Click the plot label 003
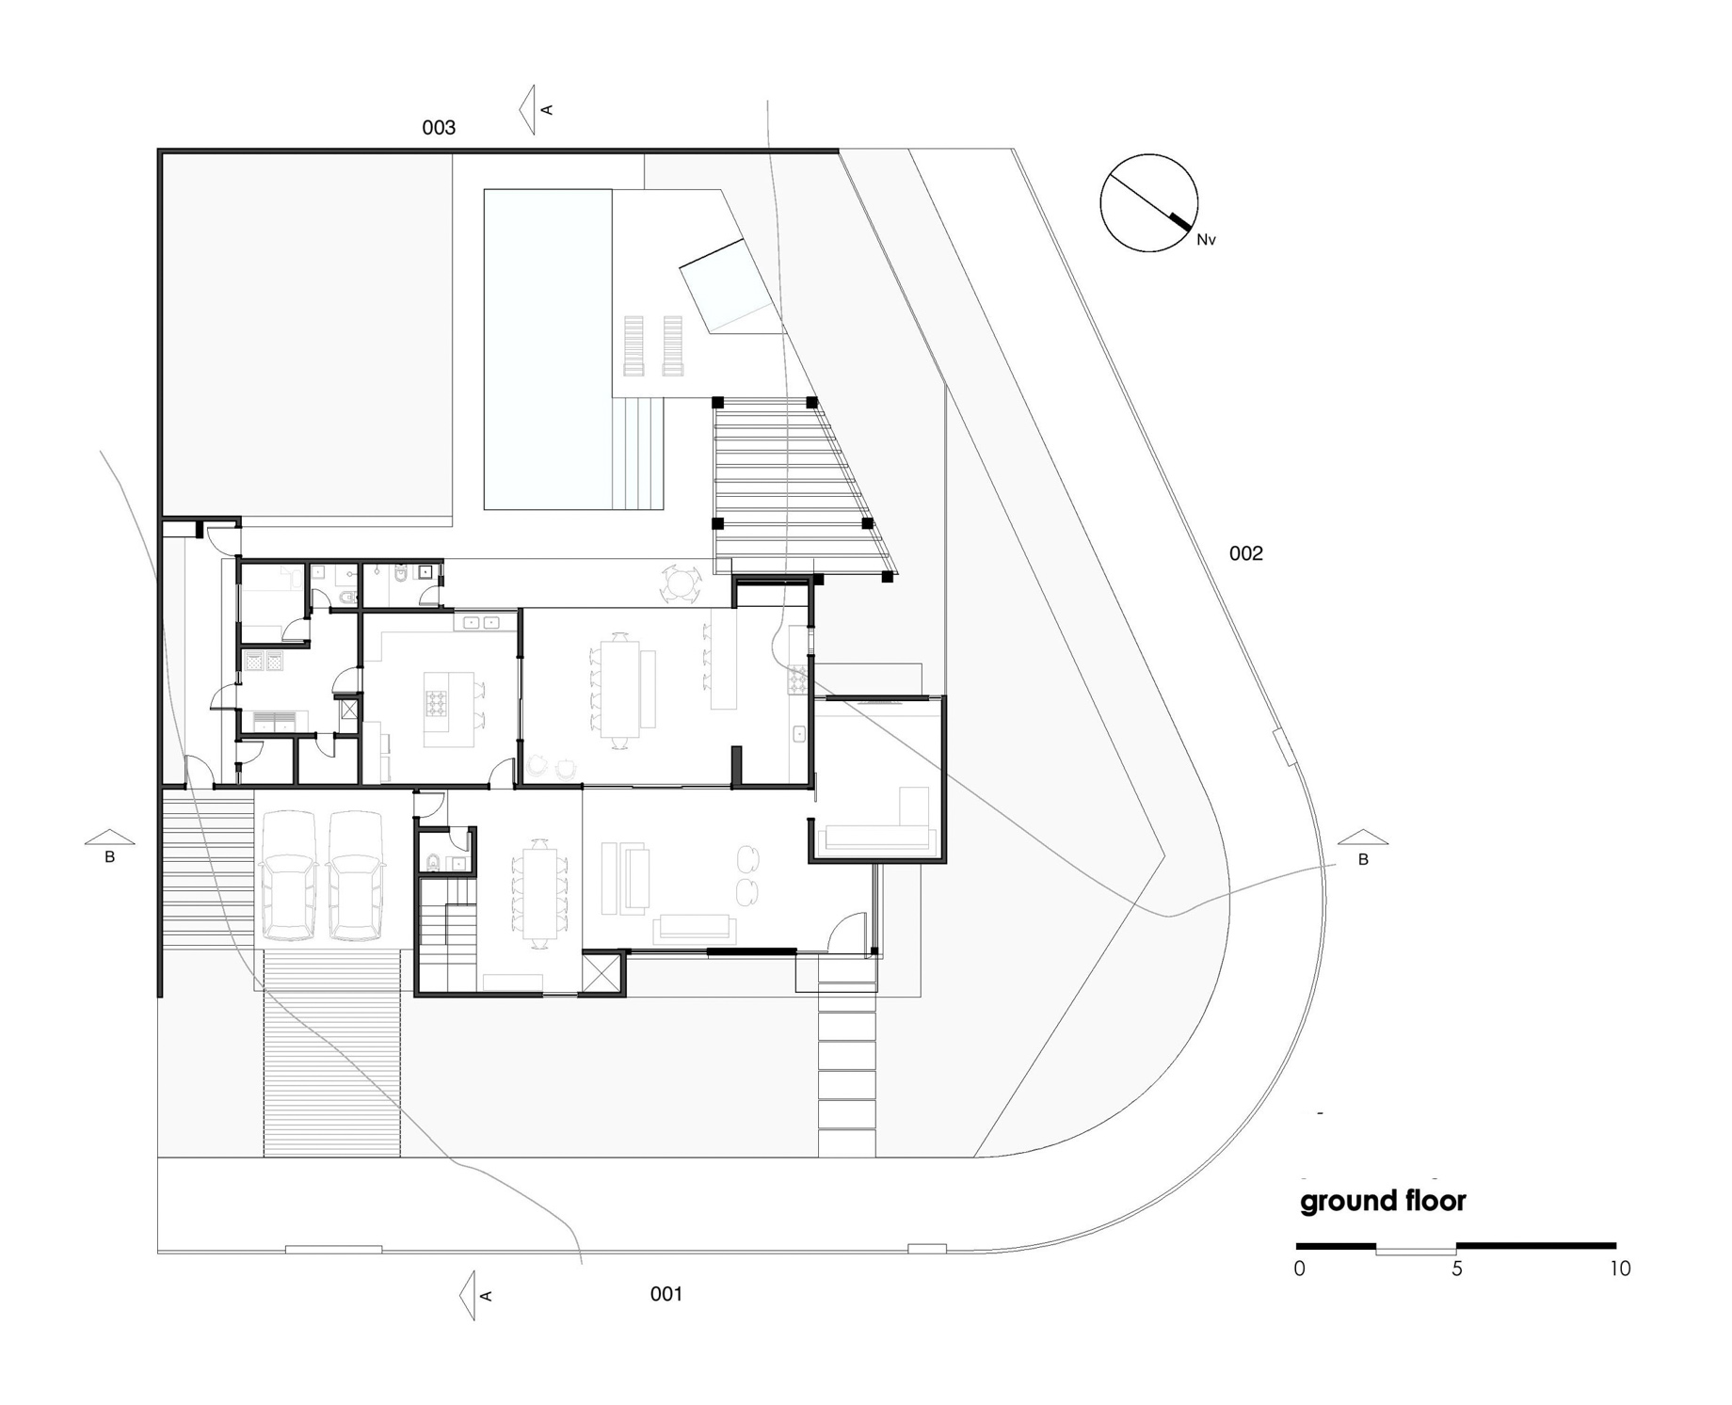pyautogui.click(x=439, y=128)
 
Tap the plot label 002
pyautogui.click(x=1245, y=553)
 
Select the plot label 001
pyautogui.click(x=666, y=1294)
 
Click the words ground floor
pyautogui.click(x=1383, y=1202)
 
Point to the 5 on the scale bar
pyautogui.click(x=1457, y=1269)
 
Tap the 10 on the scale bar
pyautogui.click(x=1619, y=1269)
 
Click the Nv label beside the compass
pyautogui.click(x=1206, y=240)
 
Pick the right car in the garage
pyautogui.click(x=356, y=875)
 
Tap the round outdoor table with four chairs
pyautogui.click(x=680, y=583)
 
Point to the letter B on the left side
pyautogui.click(x=110, y=857)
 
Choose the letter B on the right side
pyautogui.click(x=1362, y=859)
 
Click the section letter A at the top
pyautogui.click(x=547, y=110)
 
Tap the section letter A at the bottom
pyautogui.click(x=486, y=1296)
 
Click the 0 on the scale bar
pyautogui.click(x=1300, y=1269)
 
